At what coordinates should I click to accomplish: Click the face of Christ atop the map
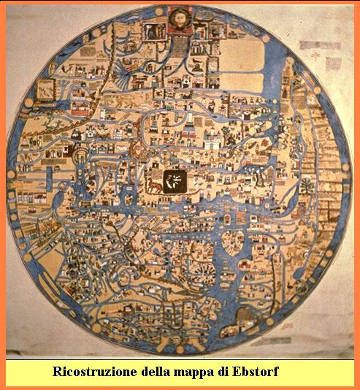(x=179, y=20)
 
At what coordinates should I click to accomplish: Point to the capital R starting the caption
(x=57, y=372)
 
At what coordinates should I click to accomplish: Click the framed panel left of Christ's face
(x=155, y=29)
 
